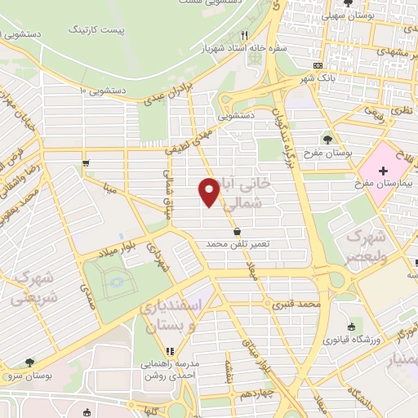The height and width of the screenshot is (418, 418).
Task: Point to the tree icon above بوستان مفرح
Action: coord(328,139)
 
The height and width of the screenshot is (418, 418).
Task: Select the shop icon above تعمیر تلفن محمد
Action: coord(236,231)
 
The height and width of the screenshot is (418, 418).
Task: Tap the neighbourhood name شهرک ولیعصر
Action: coord(365,245)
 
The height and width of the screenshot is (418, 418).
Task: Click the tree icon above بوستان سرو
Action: coord(29,362)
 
